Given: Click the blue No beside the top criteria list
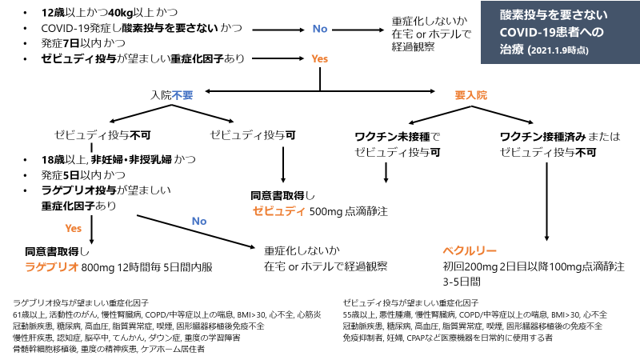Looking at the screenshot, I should [x=319, y=29].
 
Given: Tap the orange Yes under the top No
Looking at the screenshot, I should [x=319, y=59].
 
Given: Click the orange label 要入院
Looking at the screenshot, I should [x=470, y=94].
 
